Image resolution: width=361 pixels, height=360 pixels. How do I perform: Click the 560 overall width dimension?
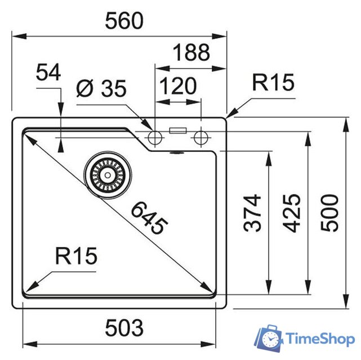(x=124, y=21)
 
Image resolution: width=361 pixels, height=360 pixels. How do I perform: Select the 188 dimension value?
(x=191, y=52)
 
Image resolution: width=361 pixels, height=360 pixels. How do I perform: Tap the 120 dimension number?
(x=178, y=86)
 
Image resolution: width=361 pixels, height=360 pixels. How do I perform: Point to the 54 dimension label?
(x=48, y=72)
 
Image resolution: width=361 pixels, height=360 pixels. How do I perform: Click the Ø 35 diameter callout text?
(x=101, y=88)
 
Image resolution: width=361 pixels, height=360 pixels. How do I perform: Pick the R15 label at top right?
(x=273, y=82)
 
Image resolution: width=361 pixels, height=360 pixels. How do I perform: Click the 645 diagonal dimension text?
(x=149, y=218)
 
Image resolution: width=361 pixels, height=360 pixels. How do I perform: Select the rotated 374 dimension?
(x=252, y=213)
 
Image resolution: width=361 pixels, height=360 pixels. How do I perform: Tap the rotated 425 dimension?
(x=292, y=213)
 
